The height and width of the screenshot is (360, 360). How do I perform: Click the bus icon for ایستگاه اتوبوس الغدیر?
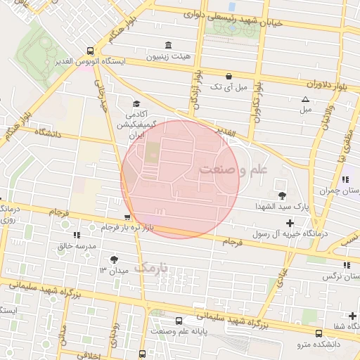point(90,51)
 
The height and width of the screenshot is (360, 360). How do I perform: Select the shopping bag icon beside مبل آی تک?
point(229,76)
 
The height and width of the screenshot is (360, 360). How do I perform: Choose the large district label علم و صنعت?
point(233,169)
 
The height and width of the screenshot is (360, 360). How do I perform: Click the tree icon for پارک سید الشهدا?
point(283,195)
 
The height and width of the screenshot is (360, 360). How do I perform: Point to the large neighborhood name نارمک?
point(151,267)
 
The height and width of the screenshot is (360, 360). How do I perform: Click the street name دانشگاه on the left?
point(41,132)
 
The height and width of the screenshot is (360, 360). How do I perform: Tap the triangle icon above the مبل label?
point(305,99)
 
